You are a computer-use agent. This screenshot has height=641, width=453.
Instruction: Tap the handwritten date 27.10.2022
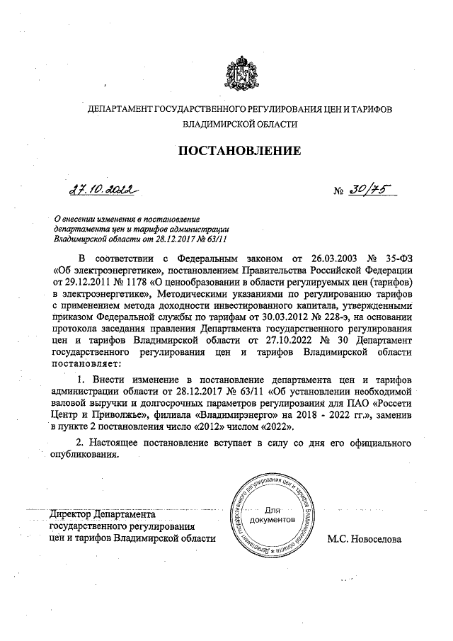pyautogui.click(x=101, y=190)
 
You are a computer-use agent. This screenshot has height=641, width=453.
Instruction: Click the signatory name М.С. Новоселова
pyautogui.click(x=364, y=539)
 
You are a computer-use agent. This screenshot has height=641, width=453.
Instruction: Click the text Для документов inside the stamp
pyautogui.click(x=275, y=515)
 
